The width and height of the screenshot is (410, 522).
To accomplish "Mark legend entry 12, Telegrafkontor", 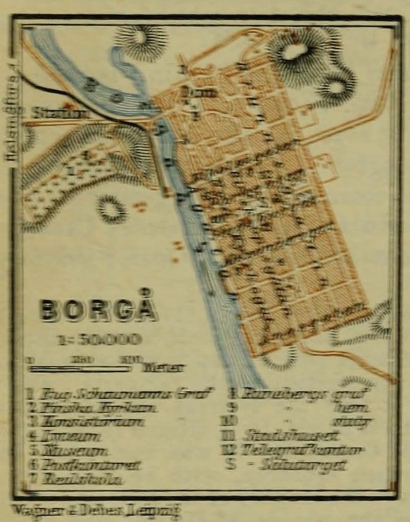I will point(302,450).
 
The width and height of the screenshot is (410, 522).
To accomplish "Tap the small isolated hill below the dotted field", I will point(111,209).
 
